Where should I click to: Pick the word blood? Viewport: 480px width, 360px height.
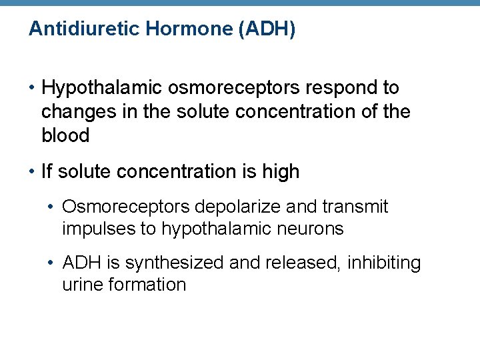65,135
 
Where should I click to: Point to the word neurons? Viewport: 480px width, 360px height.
311,229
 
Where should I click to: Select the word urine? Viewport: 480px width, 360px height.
79,285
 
